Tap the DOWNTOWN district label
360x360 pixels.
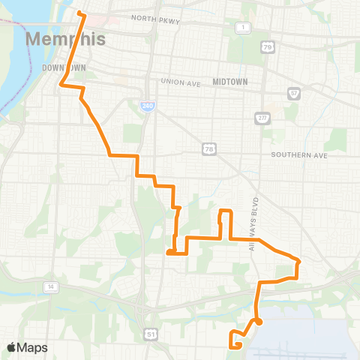pyautogui.click(x=64, y=67)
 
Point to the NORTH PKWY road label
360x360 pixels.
pyautogui.click(x=156, y=19)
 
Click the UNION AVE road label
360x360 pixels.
pyautogui.click(x=181, y=82)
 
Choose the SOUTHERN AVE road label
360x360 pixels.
pyautogui.click(x=300, y=156)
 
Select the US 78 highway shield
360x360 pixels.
pyautogui.click(x=211, y=149)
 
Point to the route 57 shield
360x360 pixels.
pyautogui.click(x=295, y=94)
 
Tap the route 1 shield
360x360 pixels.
pyautogui.click(x=243, y=28)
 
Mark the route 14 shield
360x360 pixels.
pyautogui.click(x=50, y=286)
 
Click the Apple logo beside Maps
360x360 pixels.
pyautogui.click(x=12, y=347)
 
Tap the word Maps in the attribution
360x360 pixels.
pyautogui.click(x=32, y=348)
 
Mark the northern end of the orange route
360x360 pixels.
pyautogui.click(x=79, y=13)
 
